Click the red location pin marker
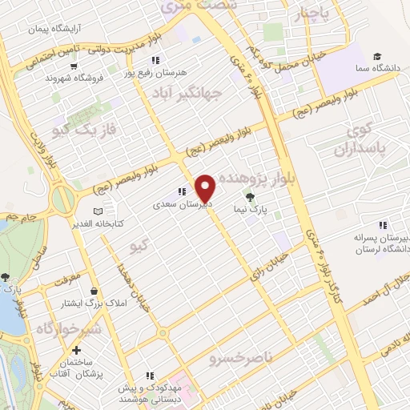coord(206,187)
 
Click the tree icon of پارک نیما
coord(251,195)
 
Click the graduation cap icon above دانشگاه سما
coord(376,56)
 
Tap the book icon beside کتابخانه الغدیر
coord(97,211)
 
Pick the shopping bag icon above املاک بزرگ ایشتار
coord(95,291)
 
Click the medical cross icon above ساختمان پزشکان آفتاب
coord(75,351)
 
